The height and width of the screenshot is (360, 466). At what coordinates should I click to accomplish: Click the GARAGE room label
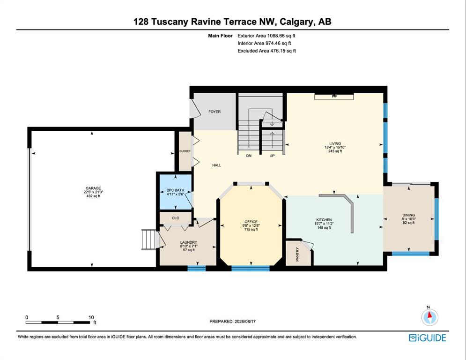(x=93, y=188)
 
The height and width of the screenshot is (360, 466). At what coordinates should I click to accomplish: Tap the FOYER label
(x=215, y=112)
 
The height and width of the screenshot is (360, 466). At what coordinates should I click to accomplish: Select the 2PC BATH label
(x=175, y=190)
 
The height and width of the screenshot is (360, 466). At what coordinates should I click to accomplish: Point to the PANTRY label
(x=297, y=255)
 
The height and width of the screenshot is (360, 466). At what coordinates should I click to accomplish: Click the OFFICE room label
(x=251, y=222)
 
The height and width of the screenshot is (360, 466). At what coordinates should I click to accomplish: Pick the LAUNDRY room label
(x=189, y=242)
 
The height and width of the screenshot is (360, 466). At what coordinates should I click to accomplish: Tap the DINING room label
(x=409, y=215)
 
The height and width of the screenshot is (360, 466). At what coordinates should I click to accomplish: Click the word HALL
(x=217, y=165)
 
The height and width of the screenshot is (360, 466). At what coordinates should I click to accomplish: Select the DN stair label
(x=249, y=156)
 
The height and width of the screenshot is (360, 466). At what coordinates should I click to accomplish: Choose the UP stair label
(x=272, y=156)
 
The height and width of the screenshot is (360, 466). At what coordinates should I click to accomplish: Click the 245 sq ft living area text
(x=335, y=151)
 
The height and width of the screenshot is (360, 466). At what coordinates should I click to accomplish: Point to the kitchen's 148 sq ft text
(x=324, y=228)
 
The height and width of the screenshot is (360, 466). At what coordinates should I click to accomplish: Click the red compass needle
(x=429, y=315)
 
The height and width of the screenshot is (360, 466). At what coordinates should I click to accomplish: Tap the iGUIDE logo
(x=428, y=337)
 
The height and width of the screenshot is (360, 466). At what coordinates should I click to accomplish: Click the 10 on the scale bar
(x=91, y=317)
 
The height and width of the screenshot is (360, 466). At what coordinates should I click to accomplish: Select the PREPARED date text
(x=232, y=321)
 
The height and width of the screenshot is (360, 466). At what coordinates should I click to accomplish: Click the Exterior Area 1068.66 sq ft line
(x=266, y=36)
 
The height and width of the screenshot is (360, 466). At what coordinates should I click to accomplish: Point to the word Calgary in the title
(x=296, y=22)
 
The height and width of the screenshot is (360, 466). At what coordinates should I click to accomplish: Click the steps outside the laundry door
(x=148, y=240)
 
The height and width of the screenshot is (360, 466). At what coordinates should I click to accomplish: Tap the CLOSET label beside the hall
(x=185, y=151)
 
